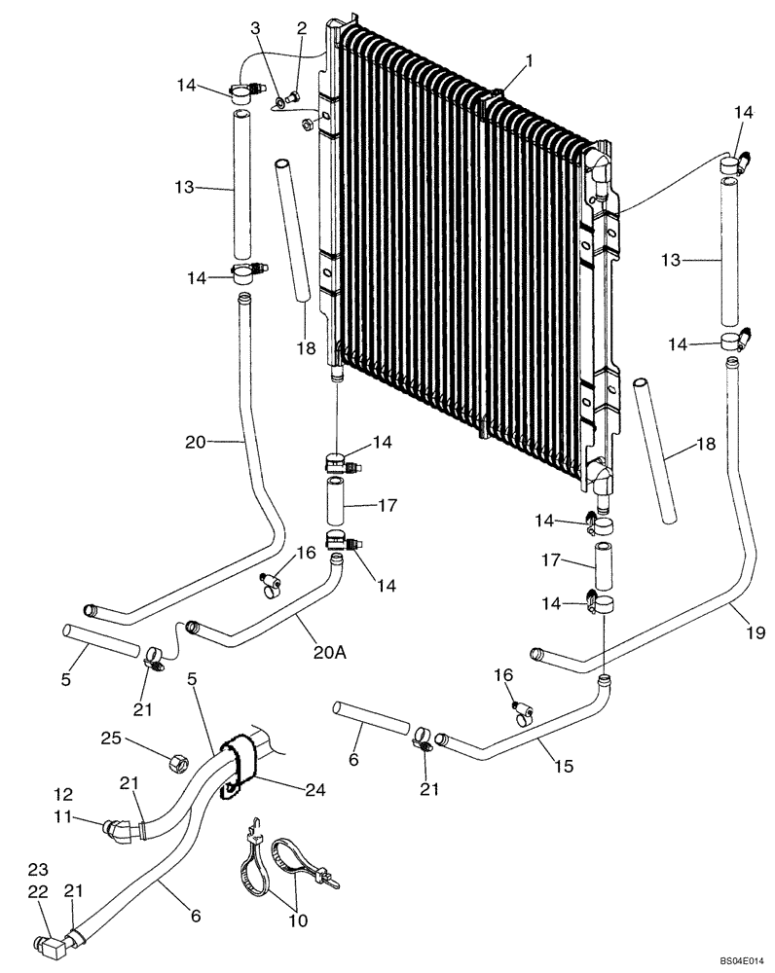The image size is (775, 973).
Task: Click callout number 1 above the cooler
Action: pyautogui.click(x=529, y=61)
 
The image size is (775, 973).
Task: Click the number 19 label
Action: pyautogui.click(x=757, y=632)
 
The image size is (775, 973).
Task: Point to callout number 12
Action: pyautogui.click(x=63, y=795)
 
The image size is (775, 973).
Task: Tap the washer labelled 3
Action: pyautogui.click(x=279, y=99)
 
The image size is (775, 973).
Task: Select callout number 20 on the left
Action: pyautogui.click(x=197, y=442)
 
